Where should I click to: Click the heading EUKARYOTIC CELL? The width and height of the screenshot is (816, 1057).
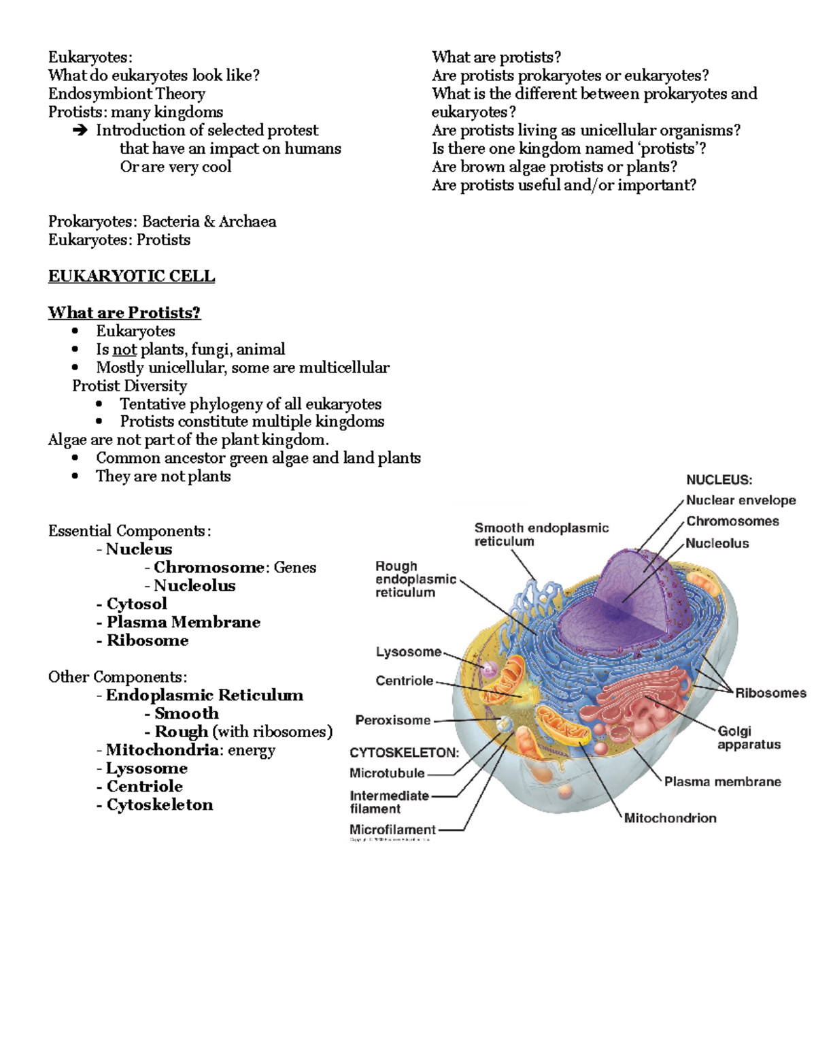click(x=131, y=276)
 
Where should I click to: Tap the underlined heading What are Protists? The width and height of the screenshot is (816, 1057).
click(x=124, y=312)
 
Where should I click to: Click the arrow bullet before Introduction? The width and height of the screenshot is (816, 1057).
click(x=80, y=130)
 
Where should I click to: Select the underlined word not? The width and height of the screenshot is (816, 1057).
click(x=124, y=349)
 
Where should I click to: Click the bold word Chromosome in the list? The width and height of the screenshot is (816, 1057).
click(x=209, y=567)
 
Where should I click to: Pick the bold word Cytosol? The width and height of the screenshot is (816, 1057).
click(x=136, y=604)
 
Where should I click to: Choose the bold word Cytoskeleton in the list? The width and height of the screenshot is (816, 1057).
click(x=159, y=804)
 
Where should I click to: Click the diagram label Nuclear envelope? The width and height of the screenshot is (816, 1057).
click(x=741, y=500)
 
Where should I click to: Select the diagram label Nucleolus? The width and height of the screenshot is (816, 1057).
click(x=717, y=543)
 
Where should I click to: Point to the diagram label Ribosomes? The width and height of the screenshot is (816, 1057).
click(x=770, y=693)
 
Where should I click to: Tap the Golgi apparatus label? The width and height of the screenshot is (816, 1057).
click(x=749, y=738)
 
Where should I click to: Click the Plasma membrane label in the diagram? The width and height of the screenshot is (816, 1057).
click(x=722, y=781)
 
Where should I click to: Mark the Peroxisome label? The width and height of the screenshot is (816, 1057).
click(x=393, y=720)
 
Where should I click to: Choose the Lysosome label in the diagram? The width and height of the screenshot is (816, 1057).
click(x=409, y=652)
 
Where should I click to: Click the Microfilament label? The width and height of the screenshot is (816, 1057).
click(x=392, y=830)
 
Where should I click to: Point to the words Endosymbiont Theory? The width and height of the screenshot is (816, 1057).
click(x=126, y=94)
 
